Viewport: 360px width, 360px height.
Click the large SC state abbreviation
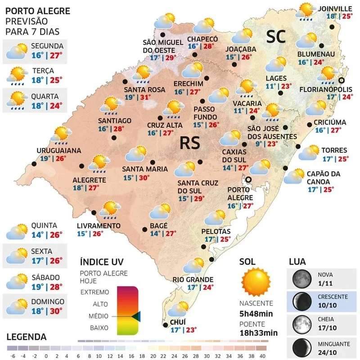click(276, 37)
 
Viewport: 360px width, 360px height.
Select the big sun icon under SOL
click(255, 281)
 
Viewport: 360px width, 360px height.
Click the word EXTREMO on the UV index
click(94, 292)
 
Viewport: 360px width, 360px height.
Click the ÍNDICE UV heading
click(101, 262)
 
